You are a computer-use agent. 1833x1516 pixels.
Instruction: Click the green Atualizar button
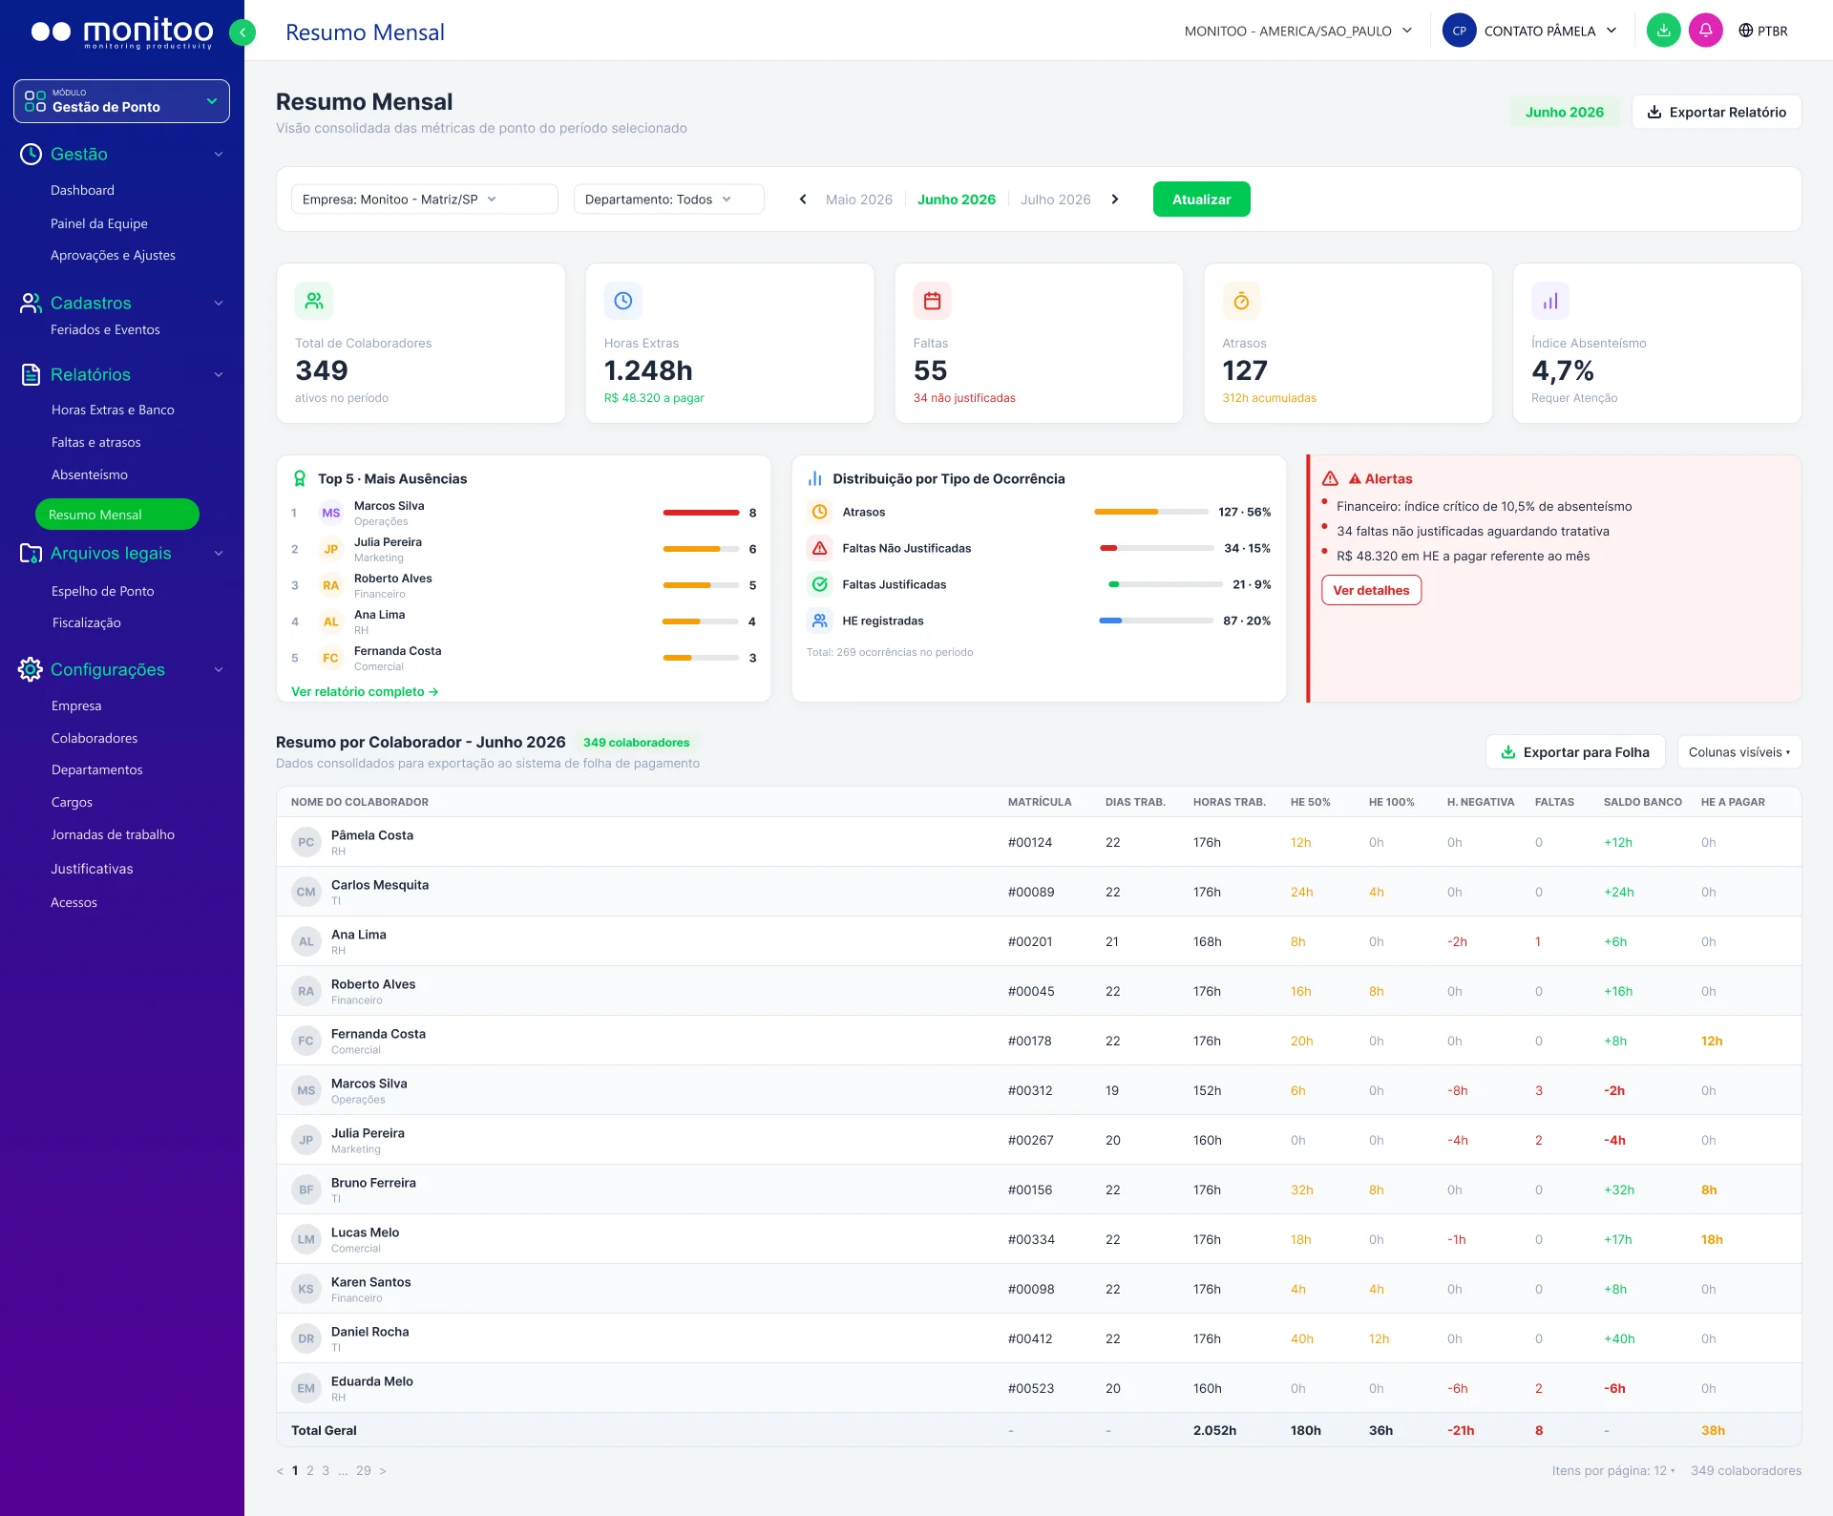point(1201,200)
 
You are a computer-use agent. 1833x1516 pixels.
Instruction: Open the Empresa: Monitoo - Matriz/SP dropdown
point(424,200)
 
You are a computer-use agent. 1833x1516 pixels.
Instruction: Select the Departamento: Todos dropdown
point(668,200)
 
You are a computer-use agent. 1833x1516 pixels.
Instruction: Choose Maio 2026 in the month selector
point(858,200)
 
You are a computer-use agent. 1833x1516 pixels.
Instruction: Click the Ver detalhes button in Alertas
point(1371,590)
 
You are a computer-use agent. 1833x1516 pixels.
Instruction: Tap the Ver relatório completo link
point(365,691)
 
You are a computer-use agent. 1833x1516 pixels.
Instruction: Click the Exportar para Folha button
point(1575,752)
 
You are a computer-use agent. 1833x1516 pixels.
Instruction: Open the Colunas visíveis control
point(1739,752)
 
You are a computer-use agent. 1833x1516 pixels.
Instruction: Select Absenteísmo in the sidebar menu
point(90,474)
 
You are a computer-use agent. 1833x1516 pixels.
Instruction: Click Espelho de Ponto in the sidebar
point(103,591)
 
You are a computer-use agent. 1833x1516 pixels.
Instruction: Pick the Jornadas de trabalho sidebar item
point(113,834)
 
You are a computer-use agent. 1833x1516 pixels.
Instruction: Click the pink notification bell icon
point(1705,31)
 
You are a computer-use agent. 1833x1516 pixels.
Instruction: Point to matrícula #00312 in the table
point(1030,1090)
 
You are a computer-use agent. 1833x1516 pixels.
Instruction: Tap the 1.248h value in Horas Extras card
point(648,370)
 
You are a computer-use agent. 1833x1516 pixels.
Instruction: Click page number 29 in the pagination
point(364,1470)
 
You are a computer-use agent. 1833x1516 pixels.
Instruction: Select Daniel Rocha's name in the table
point(370,1332)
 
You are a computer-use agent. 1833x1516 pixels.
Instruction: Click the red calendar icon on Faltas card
point(933,301)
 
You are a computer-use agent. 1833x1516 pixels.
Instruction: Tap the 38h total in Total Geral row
point(1713,1430)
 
